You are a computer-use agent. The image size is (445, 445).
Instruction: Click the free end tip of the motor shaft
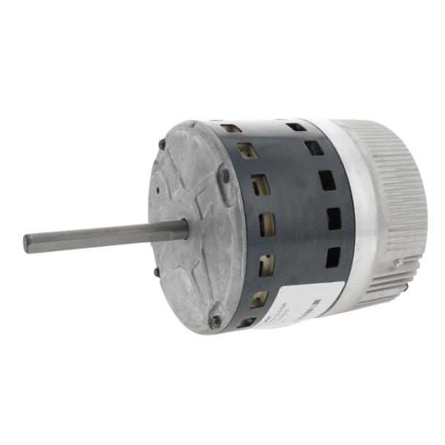pos(27,244)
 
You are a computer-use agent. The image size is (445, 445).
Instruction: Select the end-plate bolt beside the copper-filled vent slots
pos(225,176)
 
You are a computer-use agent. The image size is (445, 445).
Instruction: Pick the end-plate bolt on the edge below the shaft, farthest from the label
pos(157,272)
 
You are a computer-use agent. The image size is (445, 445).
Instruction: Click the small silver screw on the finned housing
pos(399,262)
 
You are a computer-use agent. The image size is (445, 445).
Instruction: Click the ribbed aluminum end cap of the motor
pos(399,198)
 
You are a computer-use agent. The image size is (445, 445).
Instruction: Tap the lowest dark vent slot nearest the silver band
pos(333,256)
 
